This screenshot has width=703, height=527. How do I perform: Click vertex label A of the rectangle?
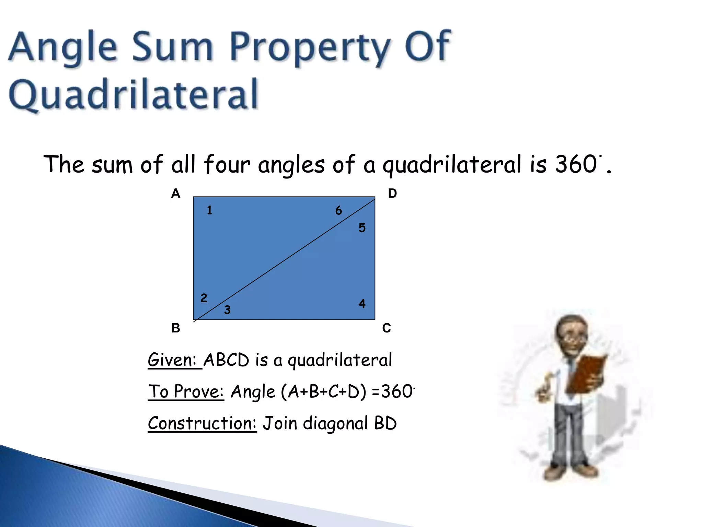coord(175,194)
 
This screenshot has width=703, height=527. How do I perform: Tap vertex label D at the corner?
coord(392,194)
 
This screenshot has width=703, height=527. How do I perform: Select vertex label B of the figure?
coord(175,328)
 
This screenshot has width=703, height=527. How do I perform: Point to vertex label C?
coord(387,328)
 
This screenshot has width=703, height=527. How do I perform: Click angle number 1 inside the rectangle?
coord(209,210)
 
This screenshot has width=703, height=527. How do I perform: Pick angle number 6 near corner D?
coord(338,210)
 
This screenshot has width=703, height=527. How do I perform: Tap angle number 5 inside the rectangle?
coord(362,228)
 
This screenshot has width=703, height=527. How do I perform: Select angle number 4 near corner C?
coord(362,304)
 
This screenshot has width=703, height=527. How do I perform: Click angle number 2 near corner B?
coord(204,298)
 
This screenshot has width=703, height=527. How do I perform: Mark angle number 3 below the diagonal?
coord(227,310)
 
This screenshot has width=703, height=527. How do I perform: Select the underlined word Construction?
coord(202,423)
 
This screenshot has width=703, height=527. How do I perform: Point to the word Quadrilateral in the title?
coord(133,94)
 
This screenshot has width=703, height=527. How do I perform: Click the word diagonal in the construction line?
coord(335,423)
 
